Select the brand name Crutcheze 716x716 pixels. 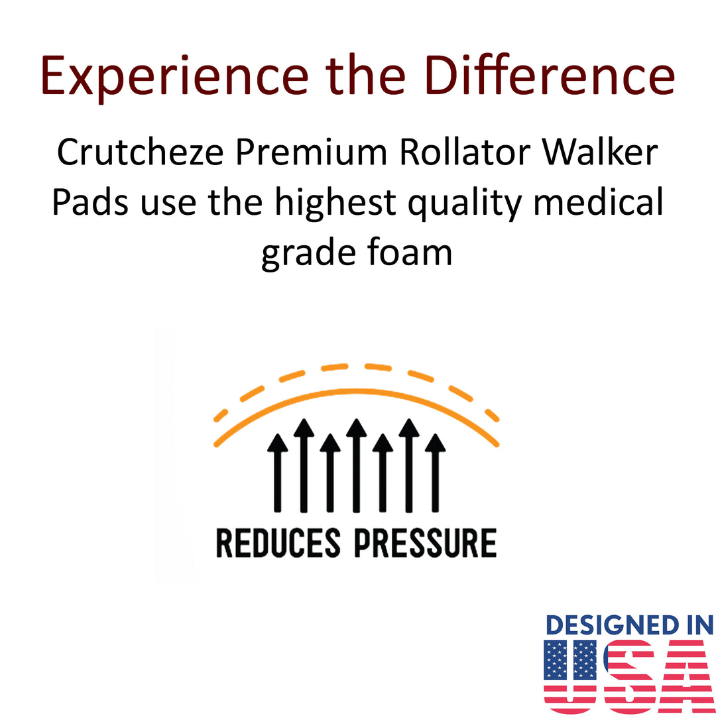point(140,152)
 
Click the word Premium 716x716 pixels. point(311,152)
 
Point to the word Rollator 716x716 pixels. point(465,152)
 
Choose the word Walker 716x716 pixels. point(600,152)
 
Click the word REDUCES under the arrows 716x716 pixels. point(278,543)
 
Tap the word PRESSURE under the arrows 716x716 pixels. point(426,543)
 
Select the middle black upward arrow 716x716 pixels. point(356,465)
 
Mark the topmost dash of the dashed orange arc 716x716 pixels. point(334,367)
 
